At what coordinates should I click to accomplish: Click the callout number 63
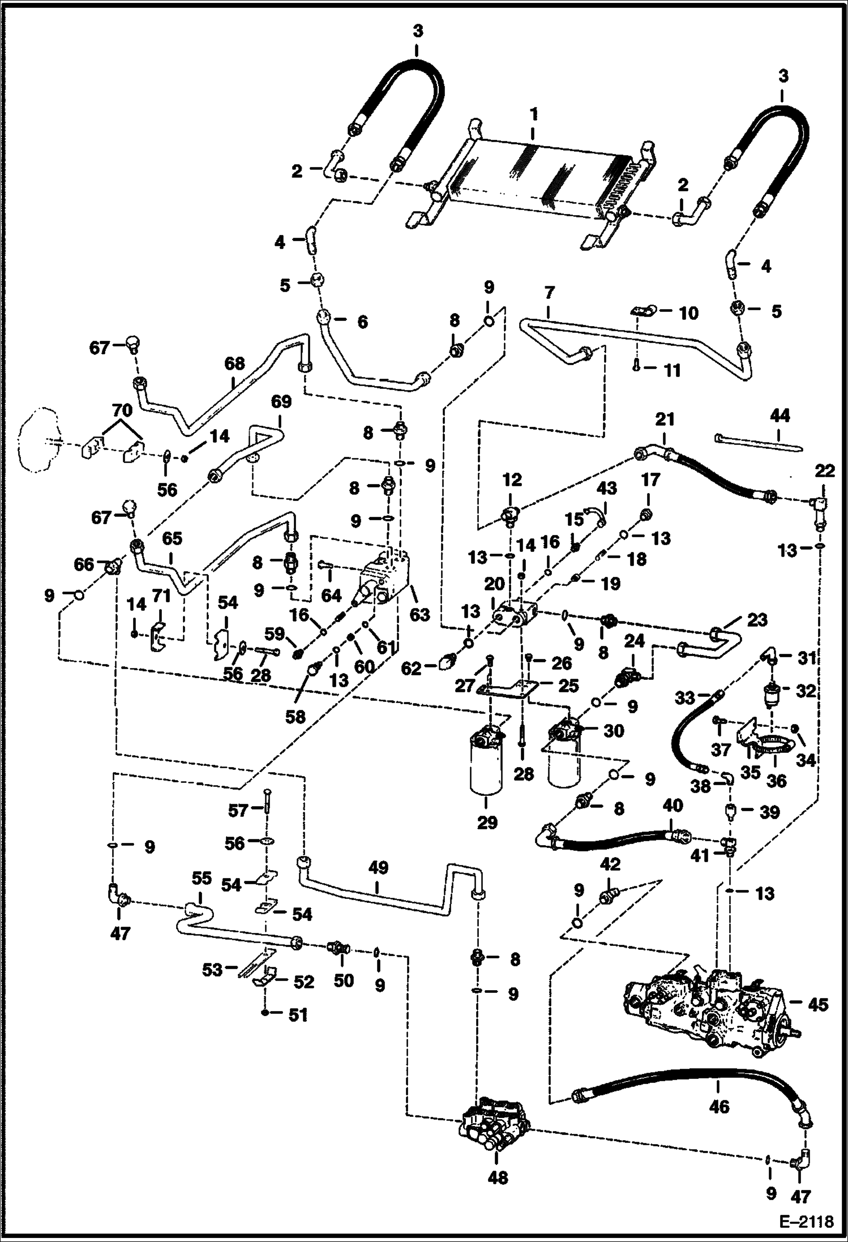[x=420, y=614]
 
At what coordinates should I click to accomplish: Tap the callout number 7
[x=549, y=293]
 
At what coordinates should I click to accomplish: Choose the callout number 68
[x=234, y=363]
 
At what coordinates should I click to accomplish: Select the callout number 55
[x=201, y=879]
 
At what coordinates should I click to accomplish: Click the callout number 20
[x=494, y=584]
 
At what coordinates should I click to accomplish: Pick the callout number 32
[x=806, y=691]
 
